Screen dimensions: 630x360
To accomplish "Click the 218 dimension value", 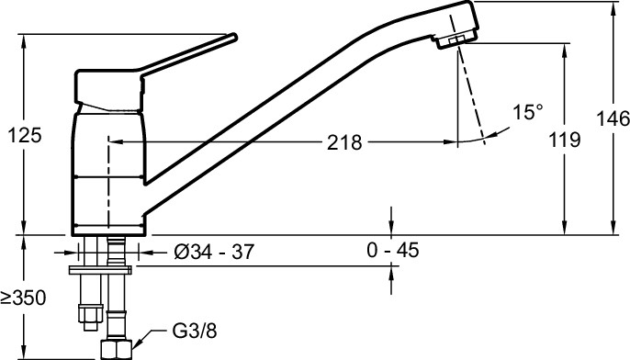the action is [x=344, y=142].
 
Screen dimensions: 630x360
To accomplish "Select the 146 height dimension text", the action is [x=613, y=118].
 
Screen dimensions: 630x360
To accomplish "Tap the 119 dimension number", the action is [x=565, y=140].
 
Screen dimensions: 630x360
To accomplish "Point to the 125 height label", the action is [x=25, y=135].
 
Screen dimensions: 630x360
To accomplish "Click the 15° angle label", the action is [x=528, y=112].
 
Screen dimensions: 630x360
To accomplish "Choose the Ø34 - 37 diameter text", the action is [x=214, y=252].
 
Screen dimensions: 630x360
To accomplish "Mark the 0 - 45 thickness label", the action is [x=392, y=250].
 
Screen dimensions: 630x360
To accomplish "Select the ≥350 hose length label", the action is [x=23, y=298].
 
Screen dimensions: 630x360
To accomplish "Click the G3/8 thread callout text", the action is [x=195, y=331].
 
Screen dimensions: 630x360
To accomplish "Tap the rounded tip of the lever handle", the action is [x=234, y=38].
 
